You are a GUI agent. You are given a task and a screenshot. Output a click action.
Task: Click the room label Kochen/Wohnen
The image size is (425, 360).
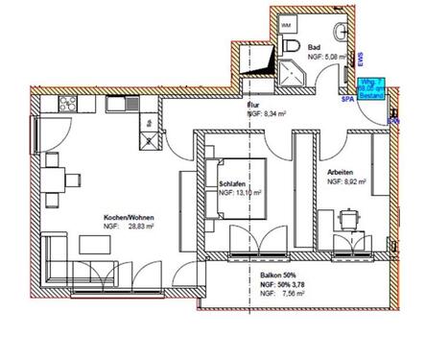[x=129, y=218]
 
